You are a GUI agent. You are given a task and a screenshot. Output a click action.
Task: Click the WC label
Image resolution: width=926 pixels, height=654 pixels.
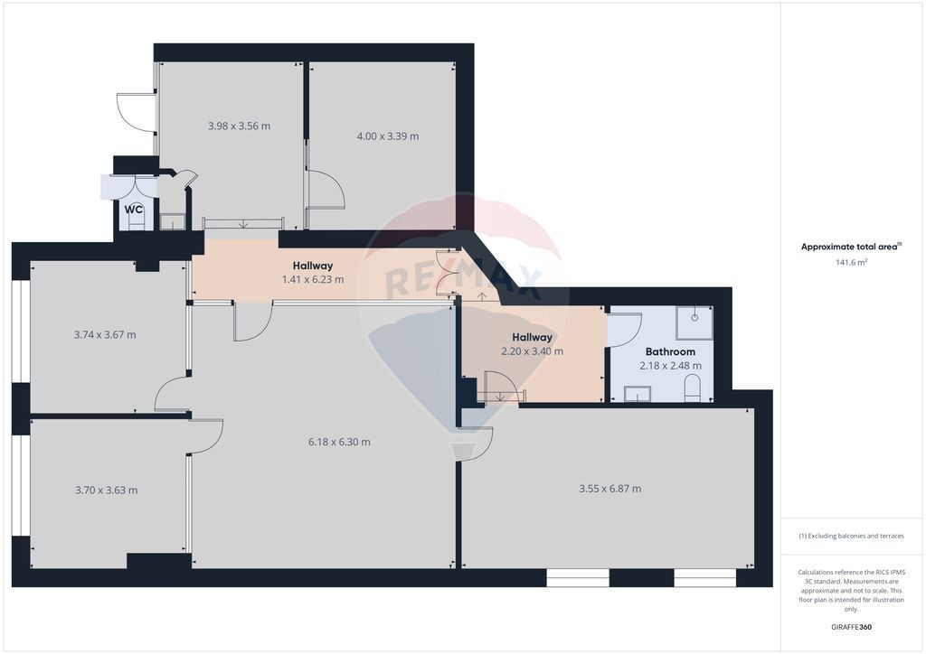point(134,210)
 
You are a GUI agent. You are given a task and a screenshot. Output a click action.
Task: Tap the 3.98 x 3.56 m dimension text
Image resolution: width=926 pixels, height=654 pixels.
point(239,126)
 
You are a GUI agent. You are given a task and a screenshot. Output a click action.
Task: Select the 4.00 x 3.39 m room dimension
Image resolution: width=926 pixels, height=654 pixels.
point(387,136)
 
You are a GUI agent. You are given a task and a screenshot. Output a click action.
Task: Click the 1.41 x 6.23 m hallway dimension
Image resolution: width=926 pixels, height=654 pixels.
point(313,280)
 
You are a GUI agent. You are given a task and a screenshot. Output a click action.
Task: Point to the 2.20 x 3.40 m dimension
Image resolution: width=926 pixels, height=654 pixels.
point(532,351)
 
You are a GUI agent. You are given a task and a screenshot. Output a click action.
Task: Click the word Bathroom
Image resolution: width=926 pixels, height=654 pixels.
point(670,351)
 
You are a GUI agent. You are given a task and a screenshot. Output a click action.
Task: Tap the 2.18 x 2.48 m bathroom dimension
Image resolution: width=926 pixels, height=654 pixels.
point(670,366)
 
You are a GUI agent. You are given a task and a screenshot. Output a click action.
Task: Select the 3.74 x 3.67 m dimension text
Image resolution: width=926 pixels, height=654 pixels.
point(105,334)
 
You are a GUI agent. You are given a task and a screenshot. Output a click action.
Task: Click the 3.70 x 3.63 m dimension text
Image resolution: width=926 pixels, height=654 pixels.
point(106,490)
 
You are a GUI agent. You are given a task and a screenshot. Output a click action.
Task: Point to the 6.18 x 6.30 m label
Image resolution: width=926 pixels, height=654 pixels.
point(339,442)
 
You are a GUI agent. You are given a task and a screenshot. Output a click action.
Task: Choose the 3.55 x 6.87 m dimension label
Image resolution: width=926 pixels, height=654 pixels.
point(609,489)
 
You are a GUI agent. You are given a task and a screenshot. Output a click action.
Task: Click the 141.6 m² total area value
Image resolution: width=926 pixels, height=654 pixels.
point(850,262)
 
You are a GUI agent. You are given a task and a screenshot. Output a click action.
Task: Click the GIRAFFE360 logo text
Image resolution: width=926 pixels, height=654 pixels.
point(850,626)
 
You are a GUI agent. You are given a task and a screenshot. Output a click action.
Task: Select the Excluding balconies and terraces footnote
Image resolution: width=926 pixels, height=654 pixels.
point(850,536)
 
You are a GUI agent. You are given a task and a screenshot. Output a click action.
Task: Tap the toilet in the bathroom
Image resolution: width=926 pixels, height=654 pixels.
point(693,389)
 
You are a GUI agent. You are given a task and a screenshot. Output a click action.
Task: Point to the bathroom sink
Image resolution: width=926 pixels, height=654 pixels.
point(638,394)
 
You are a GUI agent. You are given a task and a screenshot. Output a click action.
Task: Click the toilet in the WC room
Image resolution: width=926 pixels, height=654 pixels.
point(136,222)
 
